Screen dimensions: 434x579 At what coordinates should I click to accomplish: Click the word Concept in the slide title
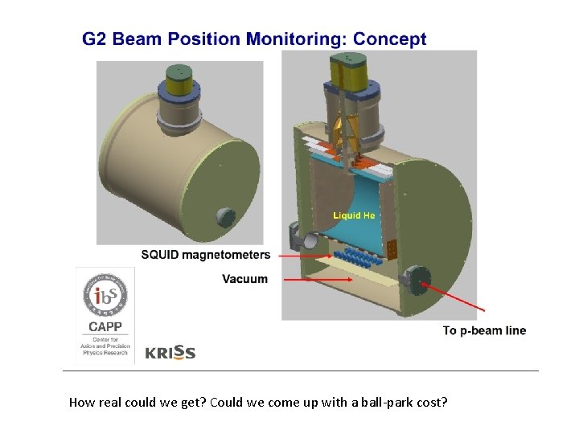[390, 39]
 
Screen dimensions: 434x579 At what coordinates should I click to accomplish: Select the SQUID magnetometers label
[206, 256]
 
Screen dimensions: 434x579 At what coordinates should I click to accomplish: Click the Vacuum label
[244, 279]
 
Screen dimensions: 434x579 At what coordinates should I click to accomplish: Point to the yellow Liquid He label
[354, 215]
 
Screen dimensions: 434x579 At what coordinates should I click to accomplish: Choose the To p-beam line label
[484, 330]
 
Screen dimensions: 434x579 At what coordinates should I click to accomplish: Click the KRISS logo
[170, 352]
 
